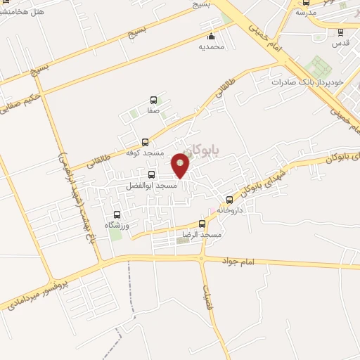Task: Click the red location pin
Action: click(181, 165)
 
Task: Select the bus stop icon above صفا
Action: click(153, 101)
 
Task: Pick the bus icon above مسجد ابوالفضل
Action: click(152, 174)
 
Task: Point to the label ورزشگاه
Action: click(117, 225)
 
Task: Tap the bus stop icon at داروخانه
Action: click(229, 200)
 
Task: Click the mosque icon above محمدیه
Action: click(210, 37)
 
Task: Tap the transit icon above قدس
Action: click(340, 32)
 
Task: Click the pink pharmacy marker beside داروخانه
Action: click(212, 211)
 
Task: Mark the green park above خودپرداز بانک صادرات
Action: click(320, 67)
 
